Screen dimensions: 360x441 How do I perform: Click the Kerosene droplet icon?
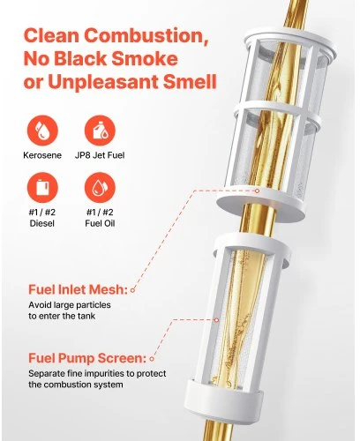(x=42, y=131)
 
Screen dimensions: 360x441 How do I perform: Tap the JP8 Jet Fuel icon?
(x=100, y=131)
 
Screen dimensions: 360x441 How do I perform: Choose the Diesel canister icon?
(x=42, y=188)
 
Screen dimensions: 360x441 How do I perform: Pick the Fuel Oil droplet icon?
(x=100, y=188)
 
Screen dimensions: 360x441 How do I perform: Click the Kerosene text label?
(x=42, y=155)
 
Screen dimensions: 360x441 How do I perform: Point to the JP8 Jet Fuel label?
(x=100, y=155)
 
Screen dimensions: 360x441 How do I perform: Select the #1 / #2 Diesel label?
(x=42, y=218)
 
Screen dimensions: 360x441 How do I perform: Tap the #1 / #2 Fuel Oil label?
(x=100, y=218)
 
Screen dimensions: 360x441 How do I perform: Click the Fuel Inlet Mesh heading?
(x=78, y=289)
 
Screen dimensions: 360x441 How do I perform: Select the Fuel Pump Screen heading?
(x=87, y=358)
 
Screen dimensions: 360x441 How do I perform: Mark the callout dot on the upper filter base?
(x=257, y=191)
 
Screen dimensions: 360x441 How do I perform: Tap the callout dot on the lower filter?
(x=217, y=320)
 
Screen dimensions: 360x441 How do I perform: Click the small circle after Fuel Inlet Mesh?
(x=132, y=290)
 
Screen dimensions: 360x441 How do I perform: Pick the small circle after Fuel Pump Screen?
(x=152, y=359)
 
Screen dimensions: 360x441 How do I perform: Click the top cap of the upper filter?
(x=289, y=41)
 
